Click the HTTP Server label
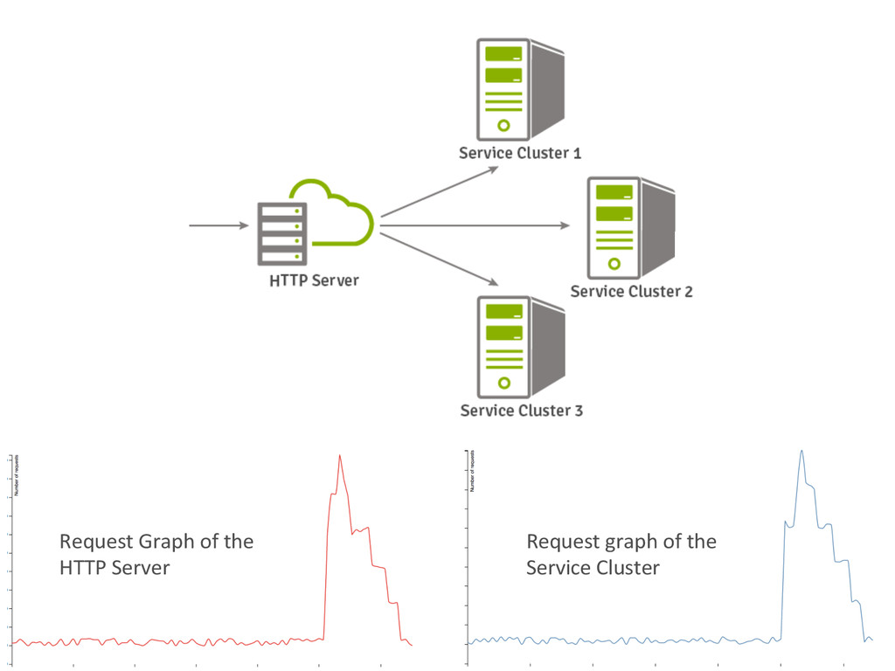(314, 281)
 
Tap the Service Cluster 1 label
(520, 154)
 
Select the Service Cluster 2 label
(631, 292)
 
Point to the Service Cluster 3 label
(521, 411)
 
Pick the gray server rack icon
(282, 233)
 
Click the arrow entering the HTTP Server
(219, 226)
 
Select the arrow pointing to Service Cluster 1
(440, 190)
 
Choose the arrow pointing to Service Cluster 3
(440, 258)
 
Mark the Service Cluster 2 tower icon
(630, 226)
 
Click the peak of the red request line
(340, 455)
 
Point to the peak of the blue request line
(801, 451)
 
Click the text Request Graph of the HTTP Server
(156, 554)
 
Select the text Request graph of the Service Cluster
(621, 554)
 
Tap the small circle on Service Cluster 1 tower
(503, 125)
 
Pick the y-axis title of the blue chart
(473, 471)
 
